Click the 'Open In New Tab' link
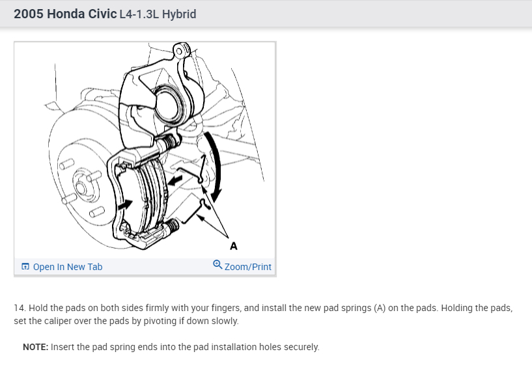68,267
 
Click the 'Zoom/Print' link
248,267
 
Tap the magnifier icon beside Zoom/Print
217,264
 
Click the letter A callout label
233,246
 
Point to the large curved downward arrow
217,166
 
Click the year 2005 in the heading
29,14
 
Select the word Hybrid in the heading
179,14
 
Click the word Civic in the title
102,14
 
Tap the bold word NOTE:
36,347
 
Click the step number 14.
20,308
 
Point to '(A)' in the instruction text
380,308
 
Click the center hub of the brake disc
81,187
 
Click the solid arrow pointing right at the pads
125,204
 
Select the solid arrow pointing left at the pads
175,180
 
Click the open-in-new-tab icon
25,267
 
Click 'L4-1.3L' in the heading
139,14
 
